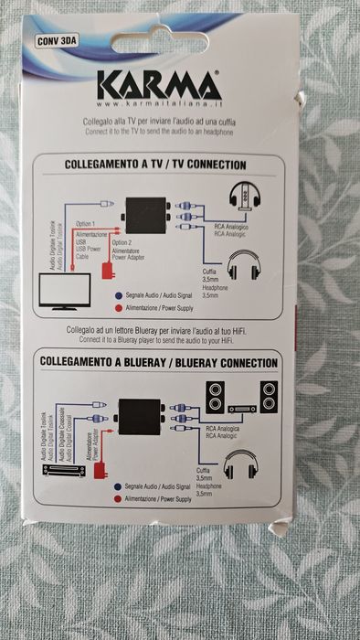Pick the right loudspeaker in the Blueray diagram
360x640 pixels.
coord(270,397)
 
